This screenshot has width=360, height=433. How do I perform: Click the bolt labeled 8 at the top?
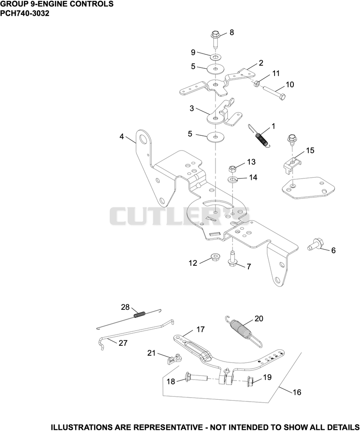(215, 40)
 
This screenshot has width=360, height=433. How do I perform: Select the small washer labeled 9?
(215, 57)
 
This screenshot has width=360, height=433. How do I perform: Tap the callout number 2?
(261, 63)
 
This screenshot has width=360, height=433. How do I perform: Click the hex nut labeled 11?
(256, 82)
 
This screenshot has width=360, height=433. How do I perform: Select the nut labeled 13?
(233, 169)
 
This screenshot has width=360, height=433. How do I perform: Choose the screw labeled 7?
(232, 259)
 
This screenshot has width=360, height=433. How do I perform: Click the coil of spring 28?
(139, 315)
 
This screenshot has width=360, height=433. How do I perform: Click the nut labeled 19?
(252, 381)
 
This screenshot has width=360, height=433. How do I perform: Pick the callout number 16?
(297, 392)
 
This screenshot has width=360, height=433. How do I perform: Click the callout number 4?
(121, 136)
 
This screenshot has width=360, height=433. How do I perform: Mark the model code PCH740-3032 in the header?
(25, 13)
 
